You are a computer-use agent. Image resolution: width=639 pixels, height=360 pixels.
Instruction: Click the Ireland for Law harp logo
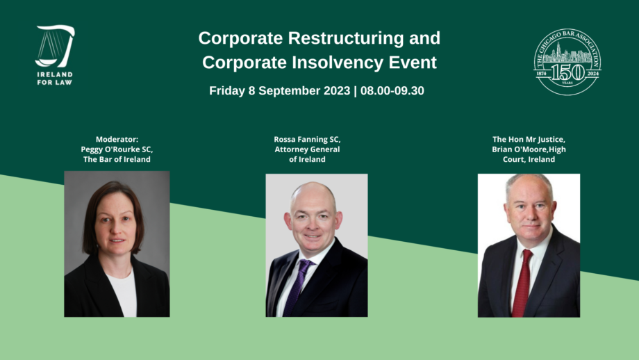(55, 46)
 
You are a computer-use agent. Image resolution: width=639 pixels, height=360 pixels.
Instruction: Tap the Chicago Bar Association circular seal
(567, 62)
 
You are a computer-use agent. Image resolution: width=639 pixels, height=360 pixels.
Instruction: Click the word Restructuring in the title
(346, 38)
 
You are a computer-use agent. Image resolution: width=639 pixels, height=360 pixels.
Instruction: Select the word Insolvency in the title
(338, 63)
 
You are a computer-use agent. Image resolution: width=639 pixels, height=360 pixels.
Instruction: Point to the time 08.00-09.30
(392, 90)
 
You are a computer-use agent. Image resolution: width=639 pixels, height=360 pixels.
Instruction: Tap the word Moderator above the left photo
(117, 140)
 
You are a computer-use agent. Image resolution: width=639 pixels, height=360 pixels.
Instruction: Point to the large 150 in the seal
(567, 72)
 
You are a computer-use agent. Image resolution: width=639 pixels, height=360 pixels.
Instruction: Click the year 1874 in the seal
(541, 74)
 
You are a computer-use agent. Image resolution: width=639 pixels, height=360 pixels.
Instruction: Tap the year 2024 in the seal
(593, 74)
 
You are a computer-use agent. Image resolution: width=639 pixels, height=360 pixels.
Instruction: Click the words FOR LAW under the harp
(55, 83)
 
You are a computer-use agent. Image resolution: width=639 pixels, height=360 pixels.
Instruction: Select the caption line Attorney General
(307, 149)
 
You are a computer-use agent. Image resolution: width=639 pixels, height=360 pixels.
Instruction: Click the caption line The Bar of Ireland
(117, 159)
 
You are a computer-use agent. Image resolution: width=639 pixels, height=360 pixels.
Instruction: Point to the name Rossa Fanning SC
(307, 140)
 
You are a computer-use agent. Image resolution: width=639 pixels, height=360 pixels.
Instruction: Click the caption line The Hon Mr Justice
(529, 140)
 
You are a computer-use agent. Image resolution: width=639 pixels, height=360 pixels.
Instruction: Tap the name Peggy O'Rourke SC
(117, 149)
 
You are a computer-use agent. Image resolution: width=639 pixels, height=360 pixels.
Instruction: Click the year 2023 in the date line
(337, 90)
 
